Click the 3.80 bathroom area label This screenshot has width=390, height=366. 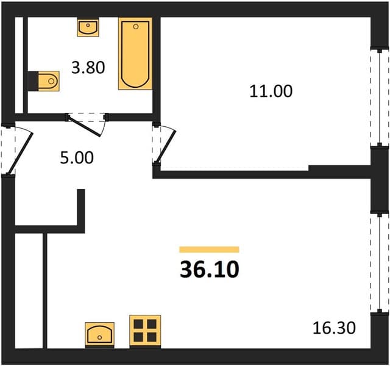88,68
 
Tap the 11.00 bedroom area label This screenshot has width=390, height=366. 271,91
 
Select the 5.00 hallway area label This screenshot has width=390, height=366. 77,157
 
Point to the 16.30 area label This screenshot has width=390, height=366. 334,328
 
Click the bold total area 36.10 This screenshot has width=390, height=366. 210,270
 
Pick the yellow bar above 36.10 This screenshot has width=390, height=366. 209,249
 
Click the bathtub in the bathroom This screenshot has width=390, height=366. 135,54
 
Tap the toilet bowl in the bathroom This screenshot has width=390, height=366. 49,81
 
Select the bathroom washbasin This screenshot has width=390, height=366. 88,27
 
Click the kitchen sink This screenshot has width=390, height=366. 99,334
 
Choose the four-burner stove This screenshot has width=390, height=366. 145,331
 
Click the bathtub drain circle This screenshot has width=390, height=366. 135,27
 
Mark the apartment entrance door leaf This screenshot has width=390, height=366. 20,153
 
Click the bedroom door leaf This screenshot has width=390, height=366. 166,146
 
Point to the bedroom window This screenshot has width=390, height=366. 379,98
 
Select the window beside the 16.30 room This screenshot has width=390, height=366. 379,262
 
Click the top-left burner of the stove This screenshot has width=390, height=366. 138,324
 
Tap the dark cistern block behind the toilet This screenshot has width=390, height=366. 33,81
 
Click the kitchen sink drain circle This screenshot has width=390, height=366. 100,337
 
